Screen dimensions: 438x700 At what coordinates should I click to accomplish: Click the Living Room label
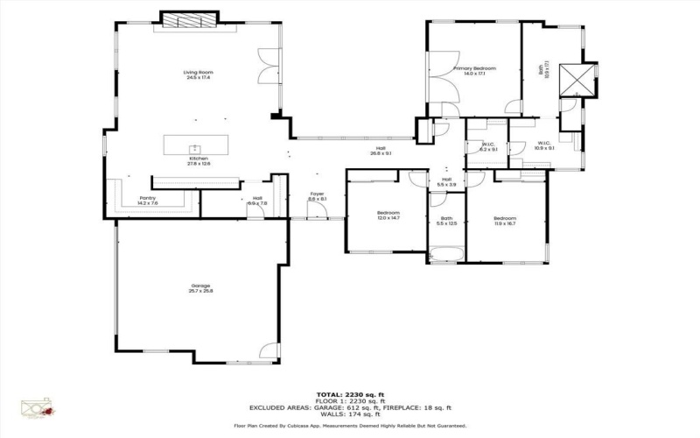[x=199, y=72]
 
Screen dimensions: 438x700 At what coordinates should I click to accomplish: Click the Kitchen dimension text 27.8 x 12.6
[x=199, y=164]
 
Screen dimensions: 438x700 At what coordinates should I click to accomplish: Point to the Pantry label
[x=148, y=198]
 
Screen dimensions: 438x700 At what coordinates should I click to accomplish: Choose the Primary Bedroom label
[x=474, y=68]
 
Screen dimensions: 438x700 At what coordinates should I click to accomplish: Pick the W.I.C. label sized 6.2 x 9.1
[x=488, y=145]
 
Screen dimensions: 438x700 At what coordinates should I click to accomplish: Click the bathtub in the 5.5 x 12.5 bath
[x=446, y=255]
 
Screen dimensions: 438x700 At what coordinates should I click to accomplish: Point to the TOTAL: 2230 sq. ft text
[x=349, y=394]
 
